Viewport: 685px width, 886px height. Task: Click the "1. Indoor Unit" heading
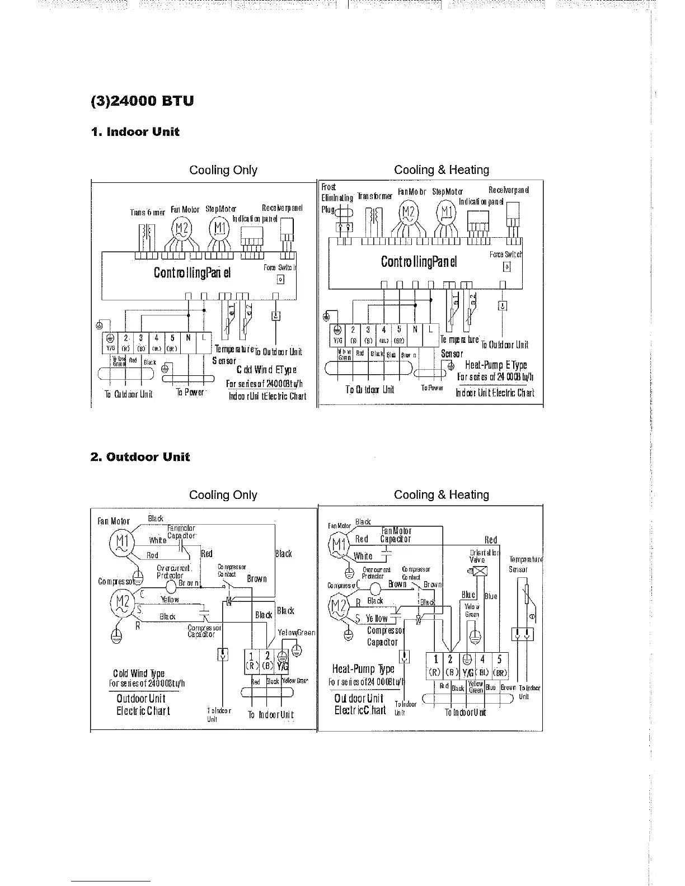[135, 132]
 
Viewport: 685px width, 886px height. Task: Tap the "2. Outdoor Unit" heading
[140, 457]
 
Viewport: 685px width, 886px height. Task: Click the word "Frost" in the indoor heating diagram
[329, 187]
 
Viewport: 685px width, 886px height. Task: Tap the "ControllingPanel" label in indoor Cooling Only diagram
[191, 272]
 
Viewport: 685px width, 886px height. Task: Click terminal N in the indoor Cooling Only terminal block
[189, 338]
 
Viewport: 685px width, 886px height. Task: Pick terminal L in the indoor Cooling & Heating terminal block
[430, 329]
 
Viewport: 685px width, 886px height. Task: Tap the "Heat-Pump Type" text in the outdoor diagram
[363, 669]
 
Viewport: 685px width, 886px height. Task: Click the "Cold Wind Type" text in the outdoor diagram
[138, 673]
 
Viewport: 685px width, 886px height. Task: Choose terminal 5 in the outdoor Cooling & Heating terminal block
[499, 659]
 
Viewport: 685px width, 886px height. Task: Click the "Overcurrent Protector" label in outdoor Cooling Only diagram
[173, 572]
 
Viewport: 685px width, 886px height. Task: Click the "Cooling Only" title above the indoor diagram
[223, 170]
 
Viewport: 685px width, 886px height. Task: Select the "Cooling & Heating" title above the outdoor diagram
[441, 494]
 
